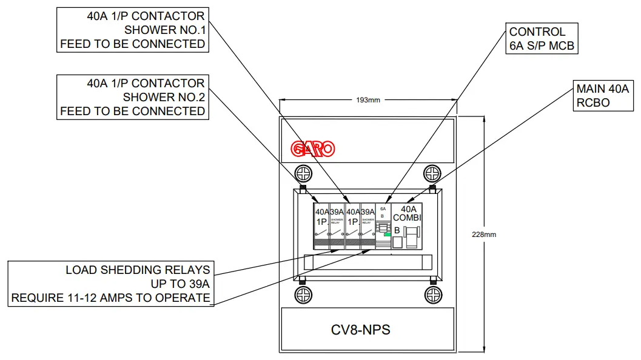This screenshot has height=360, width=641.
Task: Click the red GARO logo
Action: [312, 149]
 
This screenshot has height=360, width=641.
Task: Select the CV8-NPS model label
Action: [360, 330]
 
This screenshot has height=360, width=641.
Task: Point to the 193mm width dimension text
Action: [367, 100]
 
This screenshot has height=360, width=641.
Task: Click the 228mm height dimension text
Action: [485, 235]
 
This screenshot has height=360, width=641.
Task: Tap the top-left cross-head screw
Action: [303, 173]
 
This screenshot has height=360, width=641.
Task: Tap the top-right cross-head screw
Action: [432, 173]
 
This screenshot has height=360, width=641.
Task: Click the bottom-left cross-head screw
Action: [303, 295]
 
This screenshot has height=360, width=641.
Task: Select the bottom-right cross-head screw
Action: [432, 295]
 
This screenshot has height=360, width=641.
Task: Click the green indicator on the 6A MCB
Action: [386, 233]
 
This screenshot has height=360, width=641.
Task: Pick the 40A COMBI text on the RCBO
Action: [406, 213]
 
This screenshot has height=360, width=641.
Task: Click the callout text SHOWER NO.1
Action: [164, 30]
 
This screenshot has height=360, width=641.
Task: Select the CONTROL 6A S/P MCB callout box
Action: [542, 39]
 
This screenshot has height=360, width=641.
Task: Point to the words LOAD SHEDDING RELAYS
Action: [138, 270]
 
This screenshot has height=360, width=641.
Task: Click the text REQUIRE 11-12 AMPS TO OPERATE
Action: [110, 298]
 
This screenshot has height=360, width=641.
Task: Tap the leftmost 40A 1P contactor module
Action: [321, 226]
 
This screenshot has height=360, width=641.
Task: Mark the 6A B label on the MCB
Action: [383, 212]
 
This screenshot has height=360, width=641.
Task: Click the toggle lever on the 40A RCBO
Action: [412, 237]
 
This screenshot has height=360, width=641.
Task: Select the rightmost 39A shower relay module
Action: [367, 226]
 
